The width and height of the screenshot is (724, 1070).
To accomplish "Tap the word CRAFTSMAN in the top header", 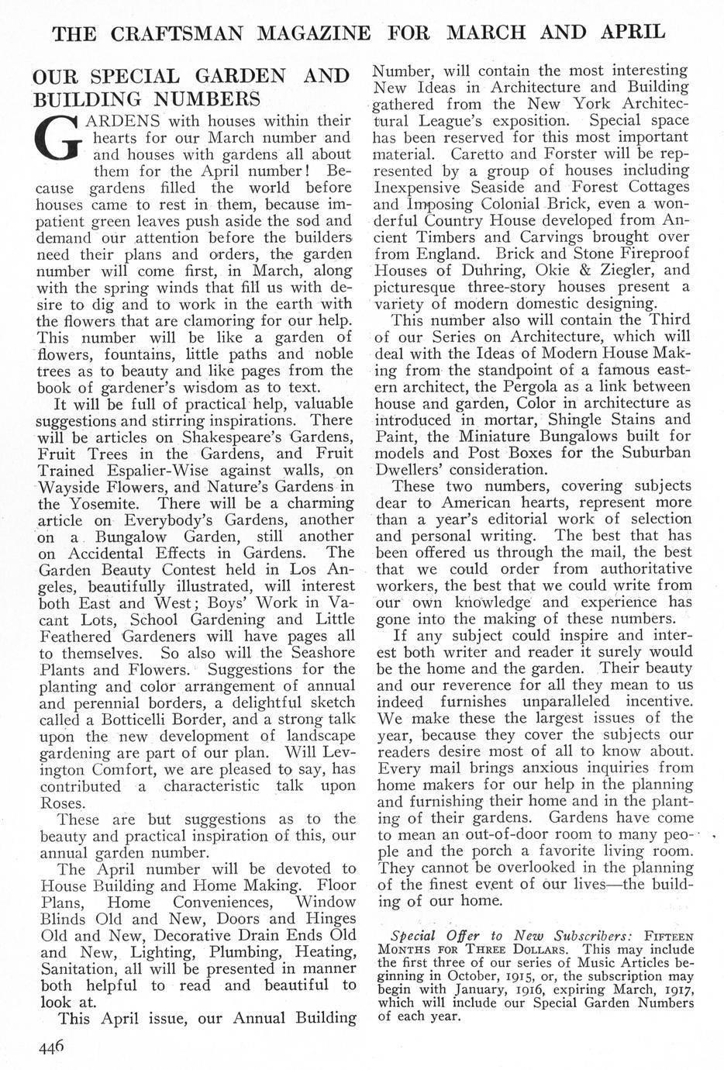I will (x=184, y=33).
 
